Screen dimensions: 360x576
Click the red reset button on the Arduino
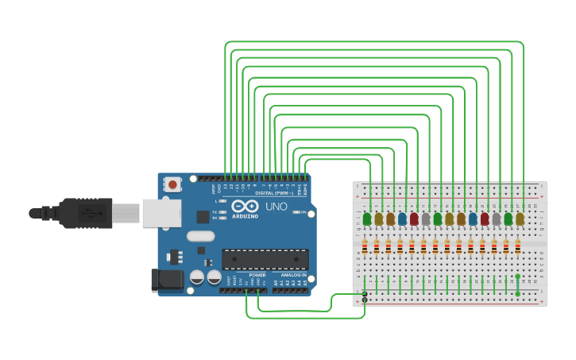(x=172, y=185)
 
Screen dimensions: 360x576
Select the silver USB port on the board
(x=161, y=213)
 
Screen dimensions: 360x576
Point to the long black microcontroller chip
(x=265, y=259)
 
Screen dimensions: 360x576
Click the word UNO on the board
(x=276, y=207)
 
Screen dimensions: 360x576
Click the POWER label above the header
(x=257, y=275)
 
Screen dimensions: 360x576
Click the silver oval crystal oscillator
(x=201, y=236)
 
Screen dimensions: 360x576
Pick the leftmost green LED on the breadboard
(x=367, y=219)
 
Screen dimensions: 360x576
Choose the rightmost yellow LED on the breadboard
(x=520, y=219)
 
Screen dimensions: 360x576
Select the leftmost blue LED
(x=402, y=219)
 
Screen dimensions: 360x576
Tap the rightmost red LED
(x=485, y=219)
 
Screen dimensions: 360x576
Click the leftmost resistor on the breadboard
(x=365, y=247)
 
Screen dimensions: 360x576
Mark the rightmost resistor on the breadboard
(x=517, y=247)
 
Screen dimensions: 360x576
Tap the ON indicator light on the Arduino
(x=296, y=213)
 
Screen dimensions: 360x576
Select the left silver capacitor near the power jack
(x=196, y=277)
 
